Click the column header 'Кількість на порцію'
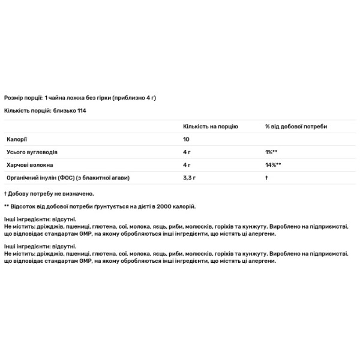point(210,127)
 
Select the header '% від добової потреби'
point(296,127)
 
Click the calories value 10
point(186,140)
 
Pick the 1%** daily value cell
point(271,152)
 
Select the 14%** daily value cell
point(273,165)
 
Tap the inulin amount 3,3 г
point(189,178)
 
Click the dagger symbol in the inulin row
point(266,178)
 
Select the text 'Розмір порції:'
point(23,97)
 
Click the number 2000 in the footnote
point(166,206)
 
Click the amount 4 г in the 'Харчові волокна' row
point(186,165)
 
